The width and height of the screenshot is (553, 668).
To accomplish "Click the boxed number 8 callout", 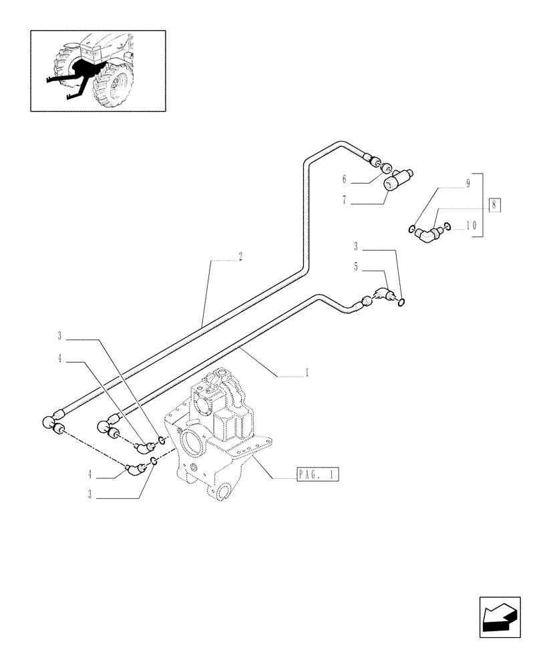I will pos(494,205).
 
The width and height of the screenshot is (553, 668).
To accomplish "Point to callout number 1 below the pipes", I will pos(306,373).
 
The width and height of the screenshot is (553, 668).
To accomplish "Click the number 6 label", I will pos(345,179).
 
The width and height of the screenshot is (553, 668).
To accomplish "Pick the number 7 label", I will pos(345,200).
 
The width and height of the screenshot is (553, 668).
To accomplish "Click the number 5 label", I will pos(357,266).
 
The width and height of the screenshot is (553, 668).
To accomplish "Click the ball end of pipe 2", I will pos(49,422).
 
